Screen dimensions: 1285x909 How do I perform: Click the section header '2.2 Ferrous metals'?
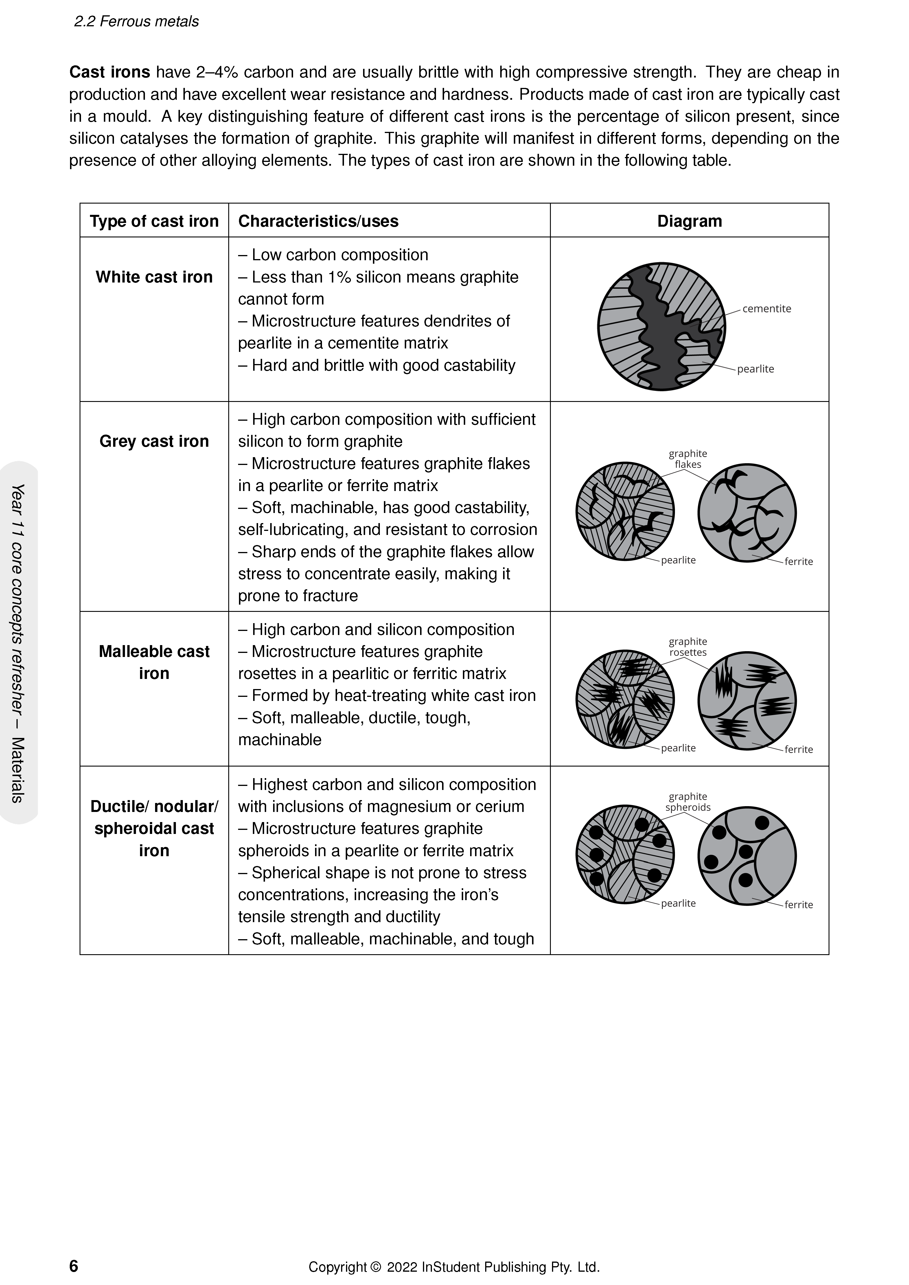(x=136, y=21)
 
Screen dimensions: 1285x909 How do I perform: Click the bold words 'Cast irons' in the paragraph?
(x=110, y=72)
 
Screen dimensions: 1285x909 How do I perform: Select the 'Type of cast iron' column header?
(x=154, y=221)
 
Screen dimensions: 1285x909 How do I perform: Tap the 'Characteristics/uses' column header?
(x=318, y=221)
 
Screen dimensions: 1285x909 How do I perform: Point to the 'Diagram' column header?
(x=689, y=221)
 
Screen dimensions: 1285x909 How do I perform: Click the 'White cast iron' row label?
(x=154, y=277)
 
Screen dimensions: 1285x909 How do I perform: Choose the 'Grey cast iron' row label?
(x=154, y=441)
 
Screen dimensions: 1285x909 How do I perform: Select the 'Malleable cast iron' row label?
(x=154, y=662)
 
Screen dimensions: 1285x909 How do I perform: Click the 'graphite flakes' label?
(x=688, y=459)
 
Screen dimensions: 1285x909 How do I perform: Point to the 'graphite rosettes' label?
(x=688, y=647)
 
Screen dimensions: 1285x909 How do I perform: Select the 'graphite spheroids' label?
(x=688, y=802)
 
